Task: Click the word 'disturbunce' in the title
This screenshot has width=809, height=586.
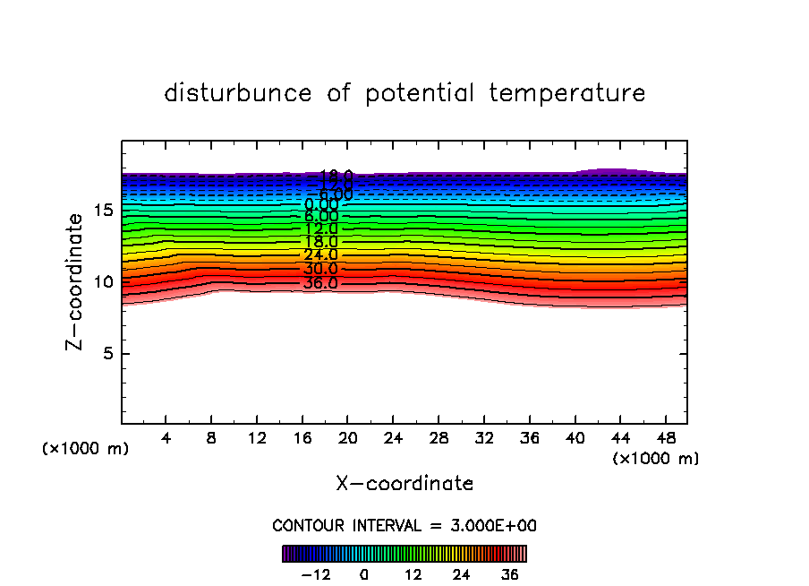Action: (238, 93)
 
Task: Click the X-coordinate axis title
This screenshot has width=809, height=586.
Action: (404, 484)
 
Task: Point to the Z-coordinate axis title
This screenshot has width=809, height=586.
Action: (75, 281)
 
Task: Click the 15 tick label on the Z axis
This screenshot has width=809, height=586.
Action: (101, 211)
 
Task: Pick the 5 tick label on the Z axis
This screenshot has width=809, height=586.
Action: (105, 353)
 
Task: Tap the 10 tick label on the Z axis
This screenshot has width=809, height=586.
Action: (101, 282)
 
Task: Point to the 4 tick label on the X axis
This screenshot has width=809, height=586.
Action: (166, 439)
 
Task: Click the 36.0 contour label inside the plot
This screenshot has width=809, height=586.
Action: (320, 283)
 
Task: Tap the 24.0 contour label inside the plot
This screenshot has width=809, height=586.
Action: (320, 255)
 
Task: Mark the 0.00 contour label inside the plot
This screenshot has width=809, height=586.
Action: (321, 205)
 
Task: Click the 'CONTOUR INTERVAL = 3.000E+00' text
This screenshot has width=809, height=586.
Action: (404, 526)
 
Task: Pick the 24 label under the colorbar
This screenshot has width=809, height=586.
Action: (462, 575)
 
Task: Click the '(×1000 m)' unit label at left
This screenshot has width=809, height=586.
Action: (86, 449)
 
